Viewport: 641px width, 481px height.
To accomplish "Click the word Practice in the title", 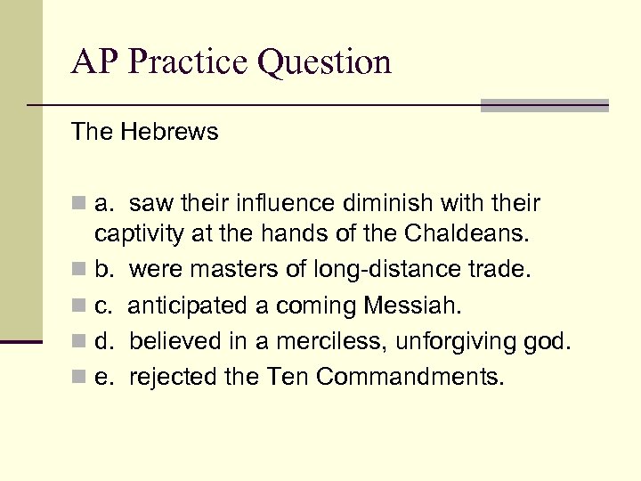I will point(191,62).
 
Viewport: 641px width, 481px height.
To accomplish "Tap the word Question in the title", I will point(325,62).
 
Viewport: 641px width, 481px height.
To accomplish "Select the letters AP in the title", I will point(93,62).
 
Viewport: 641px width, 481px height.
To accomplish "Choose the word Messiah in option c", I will point(413,306).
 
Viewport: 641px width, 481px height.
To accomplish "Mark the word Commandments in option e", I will point(410,378).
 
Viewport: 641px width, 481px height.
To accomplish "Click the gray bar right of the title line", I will point(544,105).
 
